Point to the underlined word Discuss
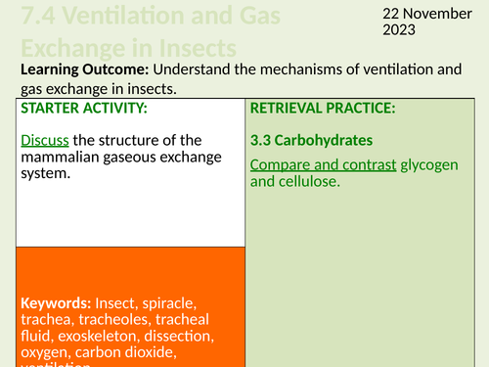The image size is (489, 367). tap(43, 140)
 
